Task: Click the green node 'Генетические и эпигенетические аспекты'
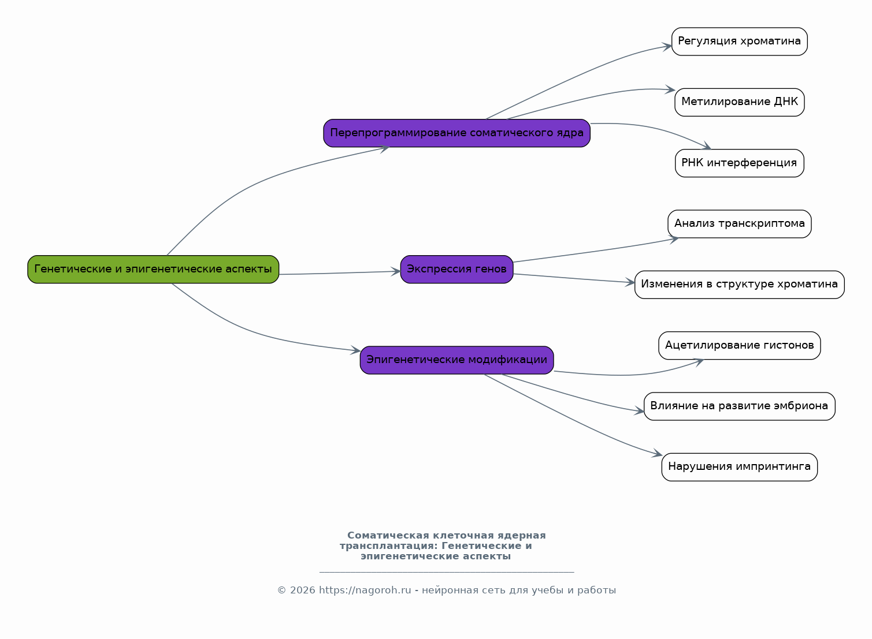[x=153, y=269]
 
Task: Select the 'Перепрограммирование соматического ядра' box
[x=457, y=133]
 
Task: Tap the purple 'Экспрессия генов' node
[x=457, y=269]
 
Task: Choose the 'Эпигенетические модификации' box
[x=457, y=360]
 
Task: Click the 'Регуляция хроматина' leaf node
[x=739, y=42]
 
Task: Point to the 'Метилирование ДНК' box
[x=739, y=102]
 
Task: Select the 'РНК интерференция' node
[x=739, y=163]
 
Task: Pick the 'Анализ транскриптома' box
[x=739, y=224]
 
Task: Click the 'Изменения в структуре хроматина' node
[x=739, y=285]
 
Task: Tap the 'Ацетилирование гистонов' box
[x=739, y=345]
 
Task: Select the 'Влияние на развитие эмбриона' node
[x=739, y=406]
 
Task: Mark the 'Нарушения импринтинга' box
[x=739, y=467]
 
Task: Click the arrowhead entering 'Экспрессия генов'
[x=396, y=271]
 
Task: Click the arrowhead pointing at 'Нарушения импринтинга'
[x=657, y=453]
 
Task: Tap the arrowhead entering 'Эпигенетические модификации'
[x=355, y=350]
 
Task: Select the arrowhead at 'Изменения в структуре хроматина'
[x=630, y=282]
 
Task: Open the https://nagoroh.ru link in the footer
[x=365, y=591]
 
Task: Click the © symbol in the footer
[x=281, y=591]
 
